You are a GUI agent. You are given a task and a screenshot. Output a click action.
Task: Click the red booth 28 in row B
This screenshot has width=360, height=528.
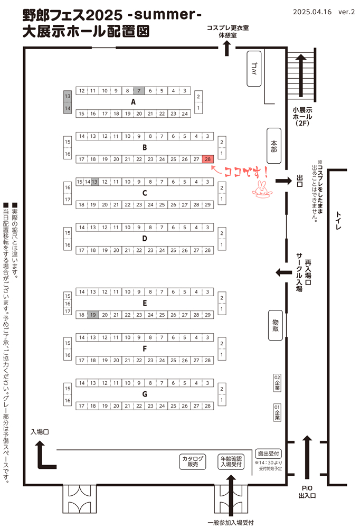tap(208, 159)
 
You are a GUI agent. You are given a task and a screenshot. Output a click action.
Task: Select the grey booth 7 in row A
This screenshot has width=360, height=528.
tap(138, 91)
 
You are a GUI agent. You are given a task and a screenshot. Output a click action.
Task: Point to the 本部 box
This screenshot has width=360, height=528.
tap(274, 146)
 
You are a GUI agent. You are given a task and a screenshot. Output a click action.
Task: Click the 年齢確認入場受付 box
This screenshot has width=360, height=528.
tap(232, 461)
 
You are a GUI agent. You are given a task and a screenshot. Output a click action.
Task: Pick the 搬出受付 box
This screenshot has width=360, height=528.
tap(269, 454)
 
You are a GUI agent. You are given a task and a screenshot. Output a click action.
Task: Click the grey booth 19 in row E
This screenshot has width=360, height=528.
tap(93, 315)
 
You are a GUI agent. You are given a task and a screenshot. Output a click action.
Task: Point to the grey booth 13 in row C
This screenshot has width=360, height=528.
tap(94, 182)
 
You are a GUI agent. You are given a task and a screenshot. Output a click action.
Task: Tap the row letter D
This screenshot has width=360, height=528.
tap(144, 238)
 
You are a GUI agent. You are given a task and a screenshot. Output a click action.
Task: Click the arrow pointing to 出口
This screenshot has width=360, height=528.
tap(283, 181)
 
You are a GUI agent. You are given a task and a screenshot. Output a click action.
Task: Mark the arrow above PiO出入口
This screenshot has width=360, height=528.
tap(308, 457)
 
